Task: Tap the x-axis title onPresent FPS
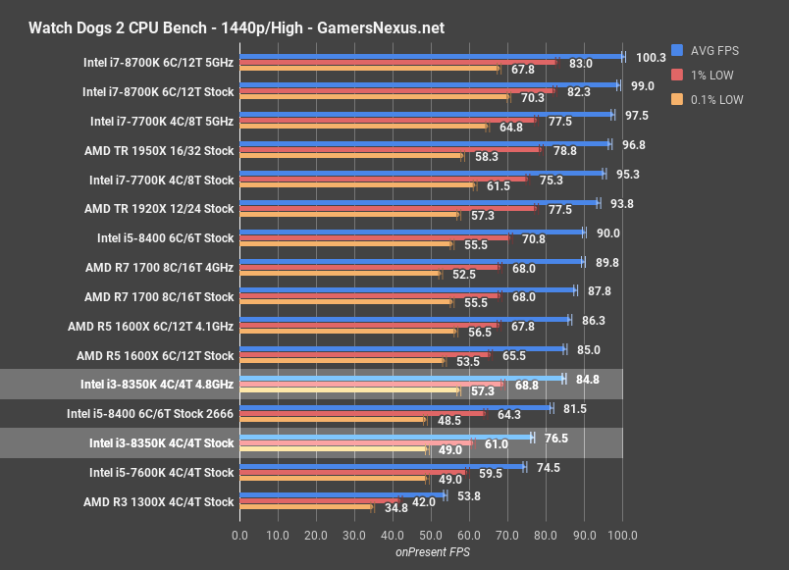(431, 553)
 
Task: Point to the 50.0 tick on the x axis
(431, 536)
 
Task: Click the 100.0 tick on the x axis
(622, 536)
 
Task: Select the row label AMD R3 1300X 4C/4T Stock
(159, 501)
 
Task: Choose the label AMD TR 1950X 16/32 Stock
(159, 151)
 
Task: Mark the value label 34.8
(395, 508)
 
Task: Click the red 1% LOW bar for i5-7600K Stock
(353, 472)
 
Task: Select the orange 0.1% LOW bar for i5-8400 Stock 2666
(333, 420)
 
